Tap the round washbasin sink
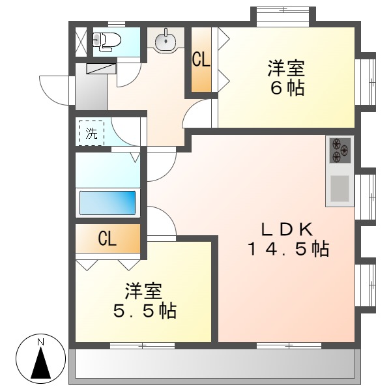(166, 39)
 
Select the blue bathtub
(108, 202)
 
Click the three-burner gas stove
(340, 151)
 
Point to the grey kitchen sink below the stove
(340, 189)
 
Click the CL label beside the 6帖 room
(201, 61)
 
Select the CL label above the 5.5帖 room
(107, 239)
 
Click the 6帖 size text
(287, 89)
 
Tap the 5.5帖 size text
(144, 311)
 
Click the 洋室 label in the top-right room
(287, 68)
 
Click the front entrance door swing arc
(55, 89)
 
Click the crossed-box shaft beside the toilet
(80, 41)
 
